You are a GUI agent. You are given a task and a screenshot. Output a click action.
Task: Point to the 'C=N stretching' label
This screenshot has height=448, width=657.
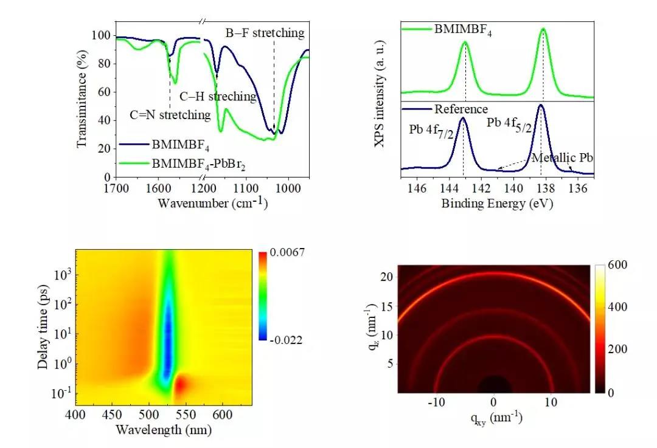tap(171, 114)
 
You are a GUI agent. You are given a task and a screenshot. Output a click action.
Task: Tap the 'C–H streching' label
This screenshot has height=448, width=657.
tap(218, 96)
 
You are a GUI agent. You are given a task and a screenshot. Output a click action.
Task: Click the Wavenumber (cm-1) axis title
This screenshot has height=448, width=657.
tap(212, 202)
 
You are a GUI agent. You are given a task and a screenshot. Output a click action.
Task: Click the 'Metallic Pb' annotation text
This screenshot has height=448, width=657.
tap(562, 158)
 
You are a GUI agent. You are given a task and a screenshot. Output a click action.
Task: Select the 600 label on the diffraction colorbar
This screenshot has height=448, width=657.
tap(614, 266)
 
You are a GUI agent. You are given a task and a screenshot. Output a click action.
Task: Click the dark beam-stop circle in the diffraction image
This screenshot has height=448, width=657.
tap(494, 384)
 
